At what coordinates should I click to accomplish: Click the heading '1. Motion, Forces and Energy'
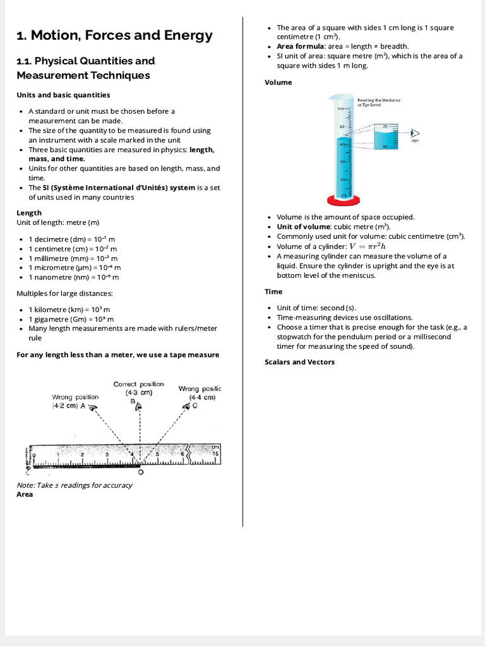click(114, 35)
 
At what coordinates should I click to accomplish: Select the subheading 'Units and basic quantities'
click(63, 95)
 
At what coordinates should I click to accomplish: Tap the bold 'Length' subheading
click(29, 213)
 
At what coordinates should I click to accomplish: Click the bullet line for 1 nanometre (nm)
click(73, 277)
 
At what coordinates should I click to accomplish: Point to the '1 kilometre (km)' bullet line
click(69, 310)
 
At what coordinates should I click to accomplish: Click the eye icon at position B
click(138, 408)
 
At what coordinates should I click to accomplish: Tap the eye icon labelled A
click(93, 408)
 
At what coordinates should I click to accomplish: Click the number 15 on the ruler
click(215, 454)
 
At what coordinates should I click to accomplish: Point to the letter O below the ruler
click(140, 472)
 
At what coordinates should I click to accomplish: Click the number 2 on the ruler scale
click(83, 454)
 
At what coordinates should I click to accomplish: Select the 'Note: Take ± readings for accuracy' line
click(74, 485)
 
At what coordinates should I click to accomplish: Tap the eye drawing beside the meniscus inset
click(415, 133)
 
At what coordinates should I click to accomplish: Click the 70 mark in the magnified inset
click(385, 127)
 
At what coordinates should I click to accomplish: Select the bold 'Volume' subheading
click(278, 82)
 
